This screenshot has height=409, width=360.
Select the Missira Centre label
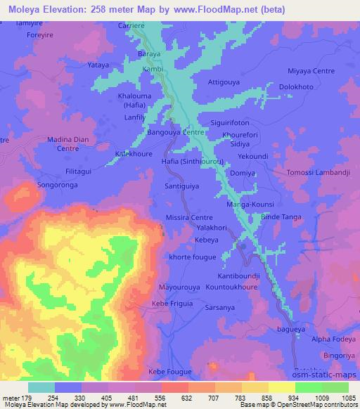click(x=188, y=219)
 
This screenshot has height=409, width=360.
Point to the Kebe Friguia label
click(x=172, y=304)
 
